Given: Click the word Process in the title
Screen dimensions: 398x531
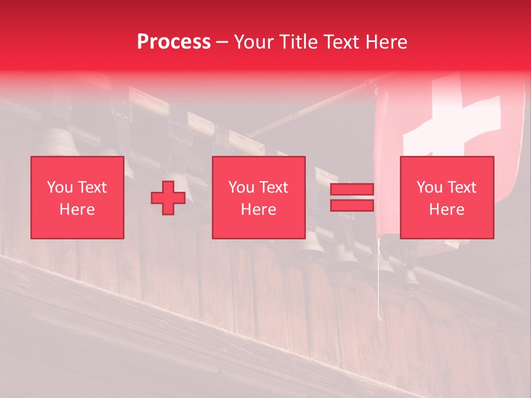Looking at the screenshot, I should pyautogui.click(x=174, y=42).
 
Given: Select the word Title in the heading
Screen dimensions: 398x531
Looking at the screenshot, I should pyautogui.click(x=297, y=42).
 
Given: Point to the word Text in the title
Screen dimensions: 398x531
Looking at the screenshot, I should pyautogui.click(x=340, y=42).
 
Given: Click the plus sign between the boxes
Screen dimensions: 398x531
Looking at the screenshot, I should pyautogui.click(x=168, y=198).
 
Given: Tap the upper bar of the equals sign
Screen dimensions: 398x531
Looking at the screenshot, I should pyautogui.click(x=352, y=190).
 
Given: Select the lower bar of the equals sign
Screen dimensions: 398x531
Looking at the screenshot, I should pyautogui.click(x=352, y=205).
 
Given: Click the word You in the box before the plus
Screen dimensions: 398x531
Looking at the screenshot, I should pyautogui.click(x=60, y=187).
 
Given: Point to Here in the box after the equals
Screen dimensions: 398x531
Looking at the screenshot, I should pyautogui.click(x=447, y=210).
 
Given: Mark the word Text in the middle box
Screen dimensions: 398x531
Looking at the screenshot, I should pyautogui.click(x=273, y=187).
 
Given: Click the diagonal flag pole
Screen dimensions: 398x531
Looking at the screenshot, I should pyautogui.click(x=310, y=108).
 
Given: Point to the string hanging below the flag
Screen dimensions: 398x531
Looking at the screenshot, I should pyautogui.click(x=379, y=282).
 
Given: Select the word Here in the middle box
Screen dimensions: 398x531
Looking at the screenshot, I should pyautogui.click(x=258, y=210).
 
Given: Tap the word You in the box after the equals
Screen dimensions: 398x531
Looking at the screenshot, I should pyautogui.click(x=429, y=187).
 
